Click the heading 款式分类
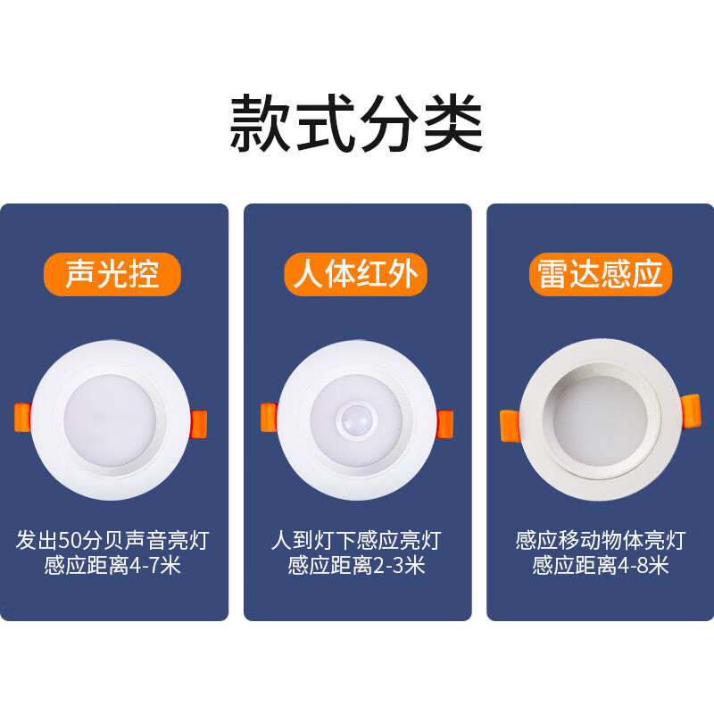coord(356,122)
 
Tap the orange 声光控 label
coord(112,274)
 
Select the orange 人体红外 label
coord(355,274)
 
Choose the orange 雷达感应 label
coord(600,274)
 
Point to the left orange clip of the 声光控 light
coord(23,417)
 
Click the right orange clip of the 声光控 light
coord(198,424)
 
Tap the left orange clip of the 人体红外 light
coord(270,417)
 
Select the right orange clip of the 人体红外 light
coord(444,424)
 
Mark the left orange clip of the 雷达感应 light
coord(510,426)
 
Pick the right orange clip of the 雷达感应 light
coord(690,411)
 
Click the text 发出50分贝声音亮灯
coord(112,541)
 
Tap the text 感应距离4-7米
coord(112,566)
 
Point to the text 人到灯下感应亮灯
coord(356,541)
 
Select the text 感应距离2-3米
coord(356,566)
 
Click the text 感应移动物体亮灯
coord(600,541)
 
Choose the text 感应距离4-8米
coord(600,566)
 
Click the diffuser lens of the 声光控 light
coord(110,420)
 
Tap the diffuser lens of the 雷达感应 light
coord(601,421)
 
